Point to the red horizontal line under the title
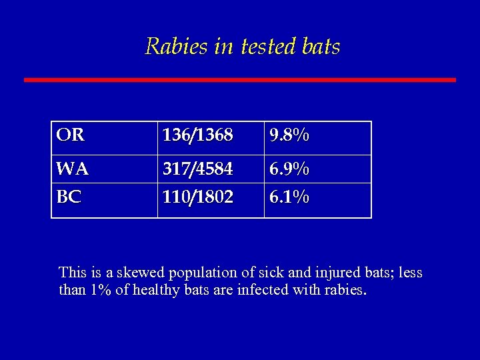click(x=240, y=80)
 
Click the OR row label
click(x=70, y=136)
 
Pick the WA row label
click(x=72, y=170)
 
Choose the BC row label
click(x=69, y=198)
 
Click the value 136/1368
click(x=197, y=136)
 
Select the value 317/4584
click(x=197, y=170)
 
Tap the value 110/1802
click(x=197, y=198)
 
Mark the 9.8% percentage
click(x=289, y=136)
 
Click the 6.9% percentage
click(x=289, y=170)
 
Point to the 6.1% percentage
click(x=289, y=198)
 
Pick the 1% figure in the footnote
click(x=97, y=290)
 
